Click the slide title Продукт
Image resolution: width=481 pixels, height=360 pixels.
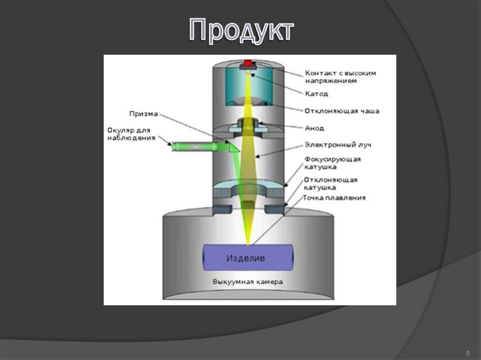pos(241,32)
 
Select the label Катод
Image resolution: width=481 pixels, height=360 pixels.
pos(317,93)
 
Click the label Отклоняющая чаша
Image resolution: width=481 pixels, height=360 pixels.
pos(341,111)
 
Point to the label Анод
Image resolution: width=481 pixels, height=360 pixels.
pos(315,128)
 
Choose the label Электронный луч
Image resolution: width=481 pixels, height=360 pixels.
pos(338,145)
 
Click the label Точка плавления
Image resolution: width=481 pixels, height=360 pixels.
pos(334,198)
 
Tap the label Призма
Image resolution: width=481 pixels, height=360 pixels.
pos(143,114)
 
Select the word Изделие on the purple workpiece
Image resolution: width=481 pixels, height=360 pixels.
pos(246,258)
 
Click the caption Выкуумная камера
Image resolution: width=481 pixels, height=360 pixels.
pos(248,282)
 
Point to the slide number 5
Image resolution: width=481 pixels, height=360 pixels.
pos(467,353)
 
